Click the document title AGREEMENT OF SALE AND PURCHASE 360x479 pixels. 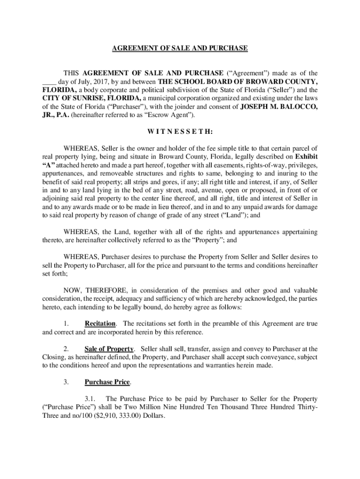pos(180,48)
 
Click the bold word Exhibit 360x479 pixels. pos(306,158)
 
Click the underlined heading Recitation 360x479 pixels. pos(100,324)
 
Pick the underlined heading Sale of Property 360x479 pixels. pos(109,349)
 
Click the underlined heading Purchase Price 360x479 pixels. pos(107,382)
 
